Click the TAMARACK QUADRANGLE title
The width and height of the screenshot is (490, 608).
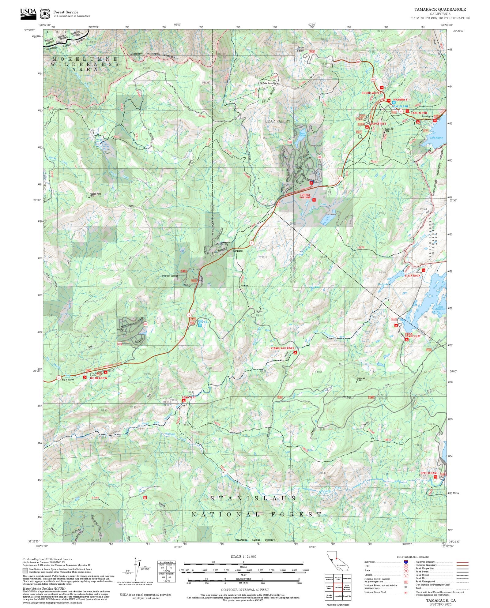(440, 9)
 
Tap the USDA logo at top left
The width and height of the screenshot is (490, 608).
(28, 13)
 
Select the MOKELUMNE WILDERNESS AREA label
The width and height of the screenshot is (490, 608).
(85, 64)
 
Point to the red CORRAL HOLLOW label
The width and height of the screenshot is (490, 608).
(305, 196)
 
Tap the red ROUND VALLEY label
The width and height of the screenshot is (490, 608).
(371, 93)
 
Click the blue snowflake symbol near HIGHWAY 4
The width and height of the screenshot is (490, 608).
(394, 103)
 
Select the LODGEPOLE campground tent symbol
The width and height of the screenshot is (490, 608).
(367, 127)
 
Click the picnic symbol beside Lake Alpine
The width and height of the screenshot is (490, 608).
(434, 120)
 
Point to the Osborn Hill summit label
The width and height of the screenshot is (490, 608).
(389, 129)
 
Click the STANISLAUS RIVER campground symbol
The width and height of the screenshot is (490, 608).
(295, 353)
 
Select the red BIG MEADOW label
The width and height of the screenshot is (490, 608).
(98, 378)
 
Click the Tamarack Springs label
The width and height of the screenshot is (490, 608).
(169, 276)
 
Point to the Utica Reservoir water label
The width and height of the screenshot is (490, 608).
(440, 308)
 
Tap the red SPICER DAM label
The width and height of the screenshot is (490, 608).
(428, 473)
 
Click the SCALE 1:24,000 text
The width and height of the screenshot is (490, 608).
(243, 557)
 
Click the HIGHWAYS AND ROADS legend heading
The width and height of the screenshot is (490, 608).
(413, 557)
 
